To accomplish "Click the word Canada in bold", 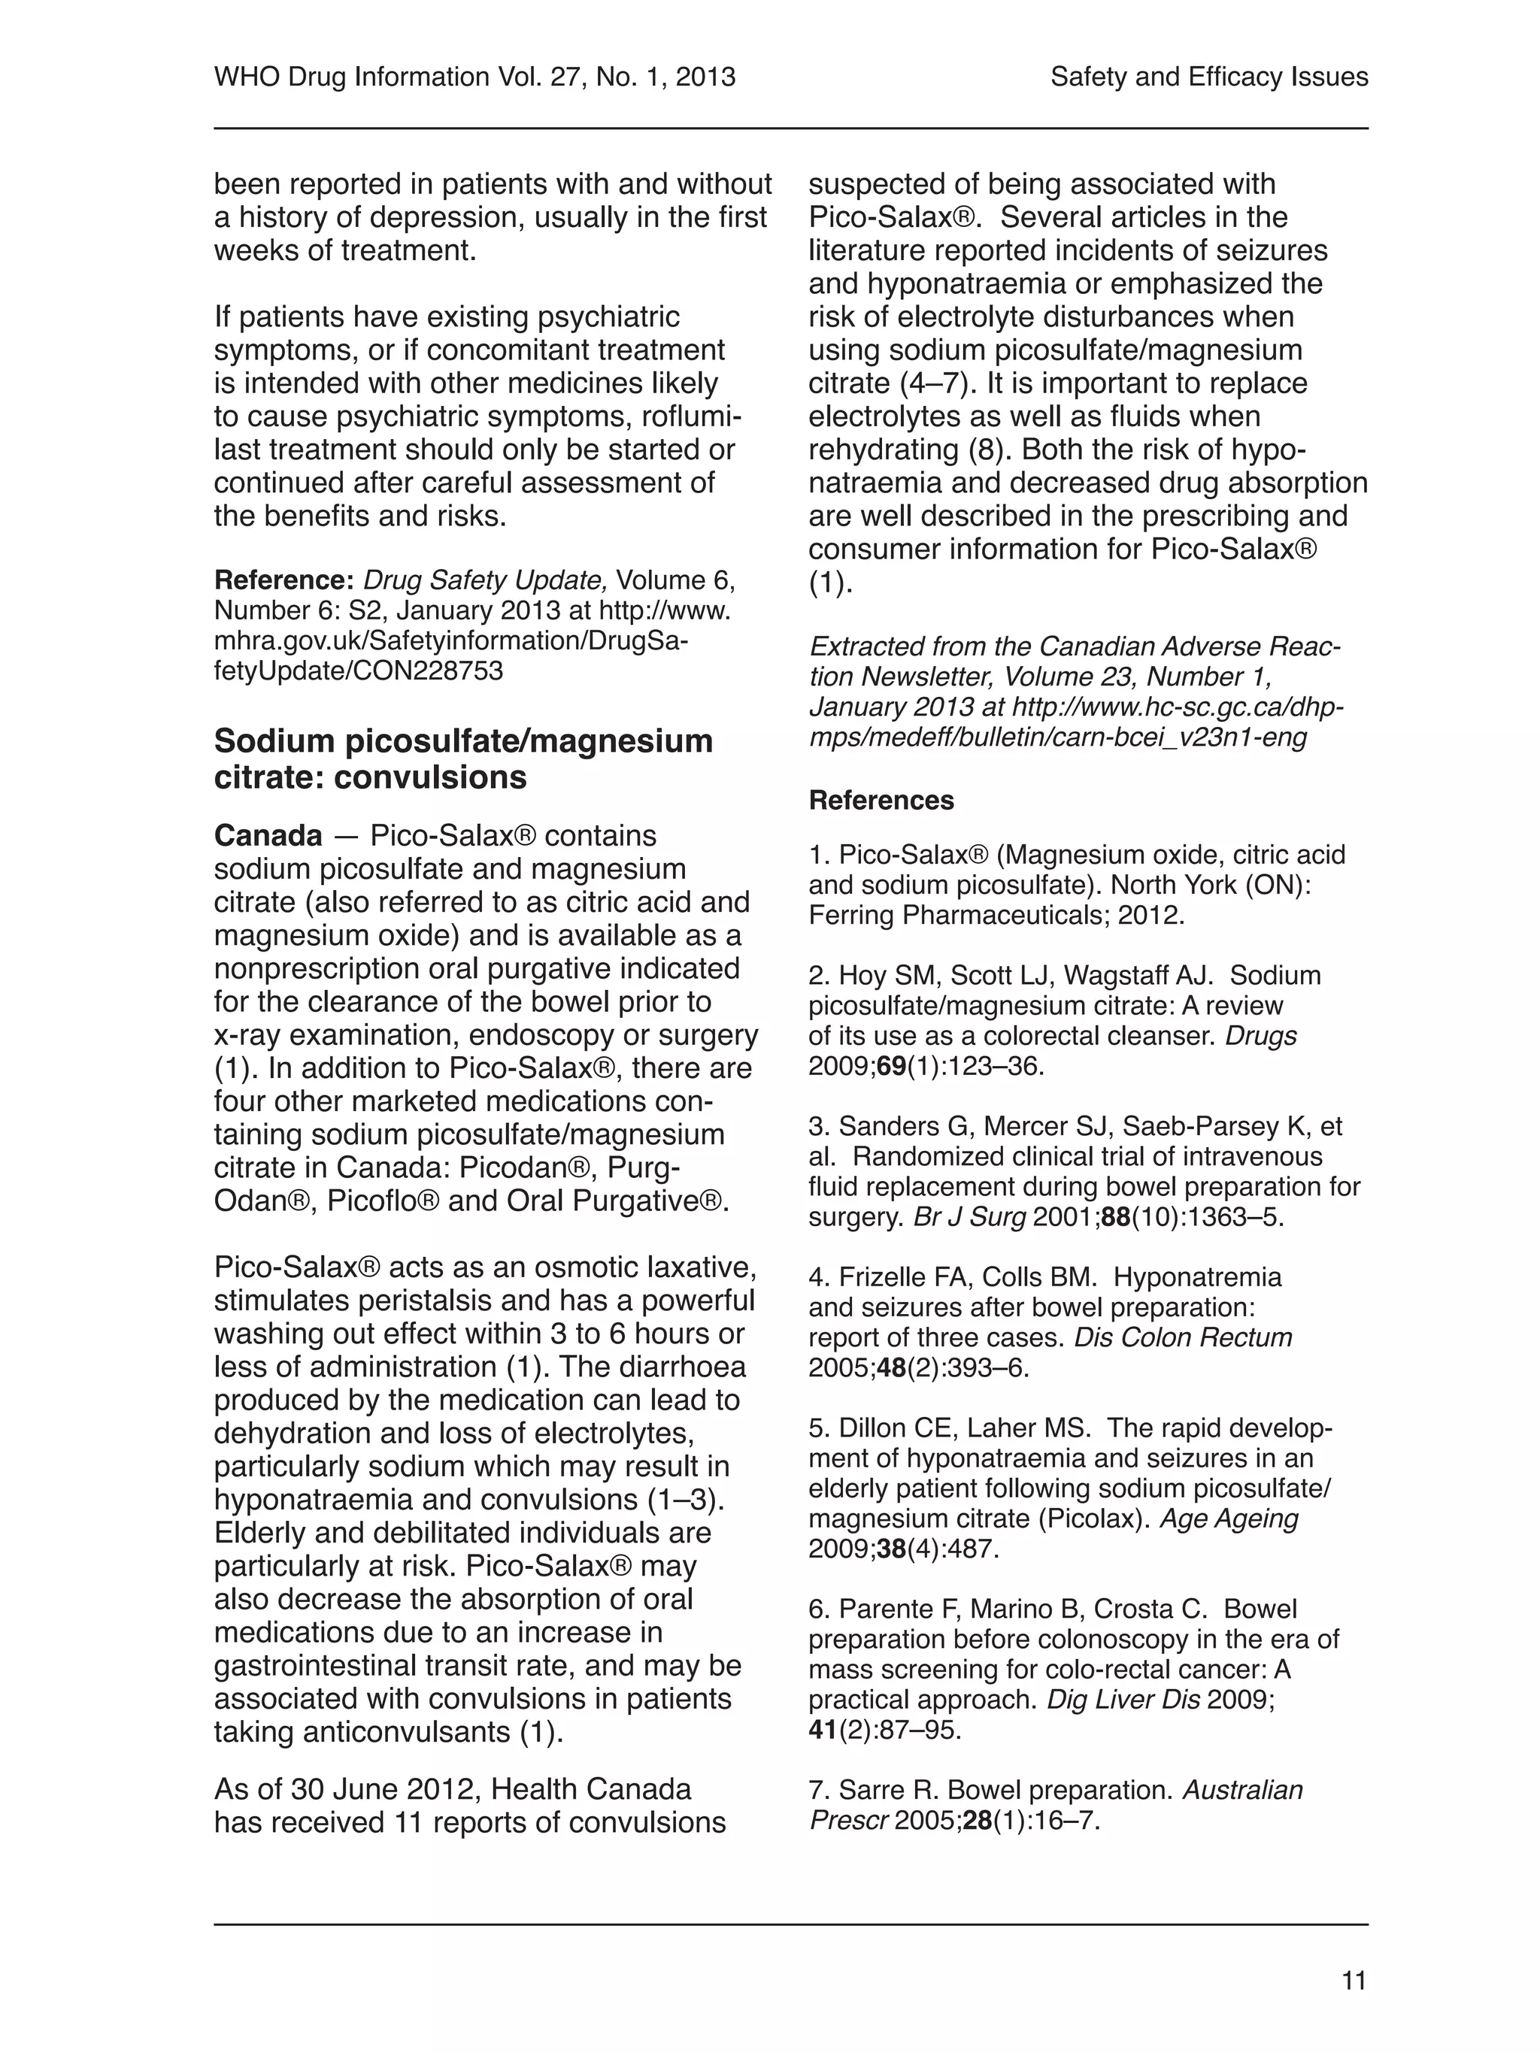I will click(x=268, y=835).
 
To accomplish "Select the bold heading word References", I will click(x=881, y=800).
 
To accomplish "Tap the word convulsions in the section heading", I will click(x=430, y=777).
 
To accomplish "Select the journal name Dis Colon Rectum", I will click(x=1183, y=1337).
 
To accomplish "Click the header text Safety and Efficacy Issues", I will click(x=1208, y=77).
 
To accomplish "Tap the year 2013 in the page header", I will click(x=705, y=77).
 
